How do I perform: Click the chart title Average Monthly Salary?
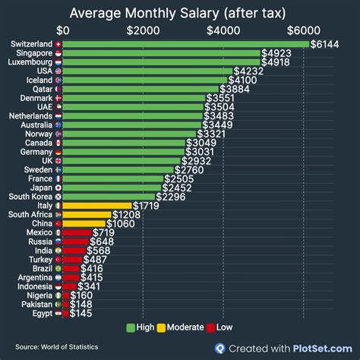click(x=179, y=13)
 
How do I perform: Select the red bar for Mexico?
click(x=76, y=232)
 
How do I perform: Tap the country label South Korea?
click(x=30, y=197)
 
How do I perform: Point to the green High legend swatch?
click(x=130, y=327)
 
